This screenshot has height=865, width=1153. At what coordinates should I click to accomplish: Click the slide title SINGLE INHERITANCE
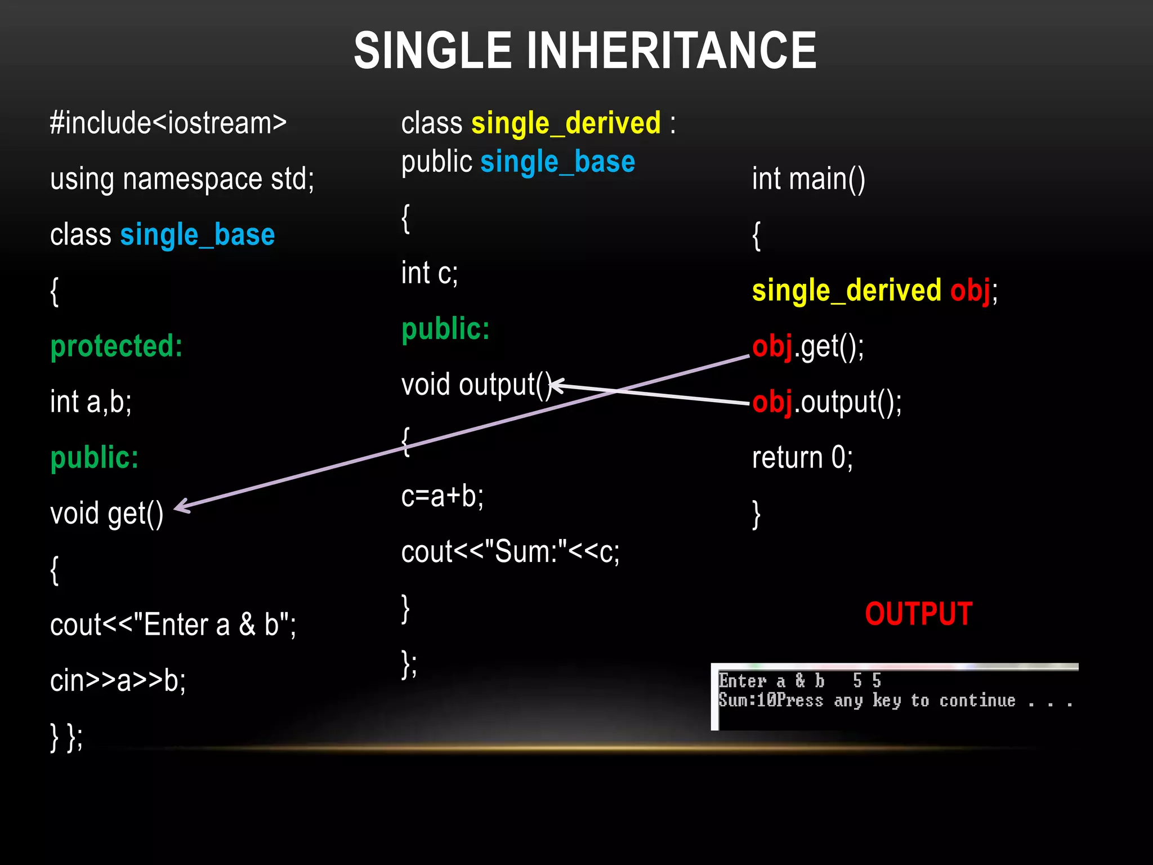click(585, 51)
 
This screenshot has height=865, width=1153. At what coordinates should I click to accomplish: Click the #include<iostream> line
click(168, 123)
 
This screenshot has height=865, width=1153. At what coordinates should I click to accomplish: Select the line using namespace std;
click(182, 179)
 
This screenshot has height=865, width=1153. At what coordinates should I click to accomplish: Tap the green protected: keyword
click(117, 346)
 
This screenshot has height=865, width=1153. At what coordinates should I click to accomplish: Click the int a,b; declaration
click(91, 402)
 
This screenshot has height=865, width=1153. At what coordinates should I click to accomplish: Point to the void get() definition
click(106, 514)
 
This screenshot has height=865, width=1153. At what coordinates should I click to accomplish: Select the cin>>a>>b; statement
click(118, 680)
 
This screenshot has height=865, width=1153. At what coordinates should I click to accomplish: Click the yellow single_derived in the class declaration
click(566, 123)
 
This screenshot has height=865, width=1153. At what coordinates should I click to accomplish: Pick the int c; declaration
click(430, 273)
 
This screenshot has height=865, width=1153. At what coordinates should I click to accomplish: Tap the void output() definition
click(476, 385)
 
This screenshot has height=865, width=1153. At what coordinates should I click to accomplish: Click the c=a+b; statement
click(442, 496)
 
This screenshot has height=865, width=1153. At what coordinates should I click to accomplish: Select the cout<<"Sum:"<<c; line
click(510, 552)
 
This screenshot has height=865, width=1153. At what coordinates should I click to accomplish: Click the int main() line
click(808, 179)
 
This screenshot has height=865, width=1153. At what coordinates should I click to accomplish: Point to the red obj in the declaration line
click(971, 291)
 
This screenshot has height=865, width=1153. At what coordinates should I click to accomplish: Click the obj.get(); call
click(808, 346)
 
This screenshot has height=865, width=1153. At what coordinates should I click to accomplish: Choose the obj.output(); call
click(826, 402)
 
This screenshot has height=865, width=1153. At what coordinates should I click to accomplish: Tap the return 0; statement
click(802, 457)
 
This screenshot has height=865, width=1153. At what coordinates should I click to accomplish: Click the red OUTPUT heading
click(918, 614)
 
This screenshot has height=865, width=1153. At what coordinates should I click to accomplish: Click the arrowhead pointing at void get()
click(181, 506)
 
